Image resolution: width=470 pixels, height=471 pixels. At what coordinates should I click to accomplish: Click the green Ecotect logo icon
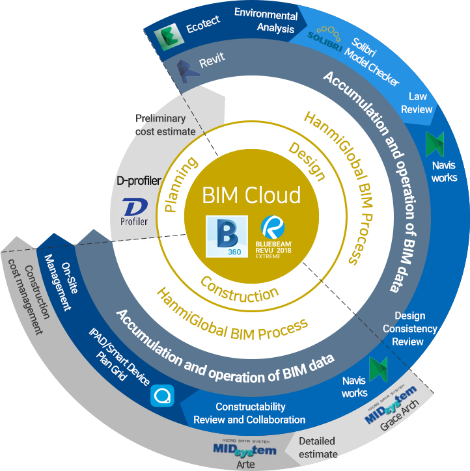(x=169, y=36)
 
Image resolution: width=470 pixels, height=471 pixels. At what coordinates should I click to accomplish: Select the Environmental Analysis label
(x=266, y=20)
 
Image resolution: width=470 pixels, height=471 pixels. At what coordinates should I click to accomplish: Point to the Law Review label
(x=417, y=103)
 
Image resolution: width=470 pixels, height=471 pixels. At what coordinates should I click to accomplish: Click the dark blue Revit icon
(x=187, y=72)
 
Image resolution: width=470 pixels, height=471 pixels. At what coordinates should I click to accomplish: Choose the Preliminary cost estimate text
(x=165, y=125)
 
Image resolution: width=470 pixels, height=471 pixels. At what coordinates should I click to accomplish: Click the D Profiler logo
(x=134, y=212)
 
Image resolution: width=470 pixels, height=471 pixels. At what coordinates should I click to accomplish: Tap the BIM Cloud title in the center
(x=251, y=195)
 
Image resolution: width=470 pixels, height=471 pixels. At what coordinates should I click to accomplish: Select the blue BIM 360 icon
(x=227, y=236)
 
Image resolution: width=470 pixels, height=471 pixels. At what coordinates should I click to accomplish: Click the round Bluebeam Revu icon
(x=273, y=228)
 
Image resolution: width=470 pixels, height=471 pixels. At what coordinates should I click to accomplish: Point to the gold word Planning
(x=180, y=185)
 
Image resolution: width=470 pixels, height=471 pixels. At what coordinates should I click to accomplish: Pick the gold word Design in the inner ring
(x=307, y=161)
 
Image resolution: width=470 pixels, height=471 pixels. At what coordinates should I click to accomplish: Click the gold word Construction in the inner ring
(x=240, y=291)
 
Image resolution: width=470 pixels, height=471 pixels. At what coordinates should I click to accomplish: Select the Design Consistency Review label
(x=409, y=329)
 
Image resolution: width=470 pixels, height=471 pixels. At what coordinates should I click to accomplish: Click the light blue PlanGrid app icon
(x=162, y=396)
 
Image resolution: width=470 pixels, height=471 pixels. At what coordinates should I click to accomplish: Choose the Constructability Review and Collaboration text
(x=249, y=413)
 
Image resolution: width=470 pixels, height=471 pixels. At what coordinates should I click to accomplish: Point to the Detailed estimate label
(x=318, y=448)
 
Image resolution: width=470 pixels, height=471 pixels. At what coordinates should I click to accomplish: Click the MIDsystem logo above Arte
(x=245, y=449)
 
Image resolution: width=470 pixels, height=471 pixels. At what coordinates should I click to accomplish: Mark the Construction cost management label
(x=29, y=297)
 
